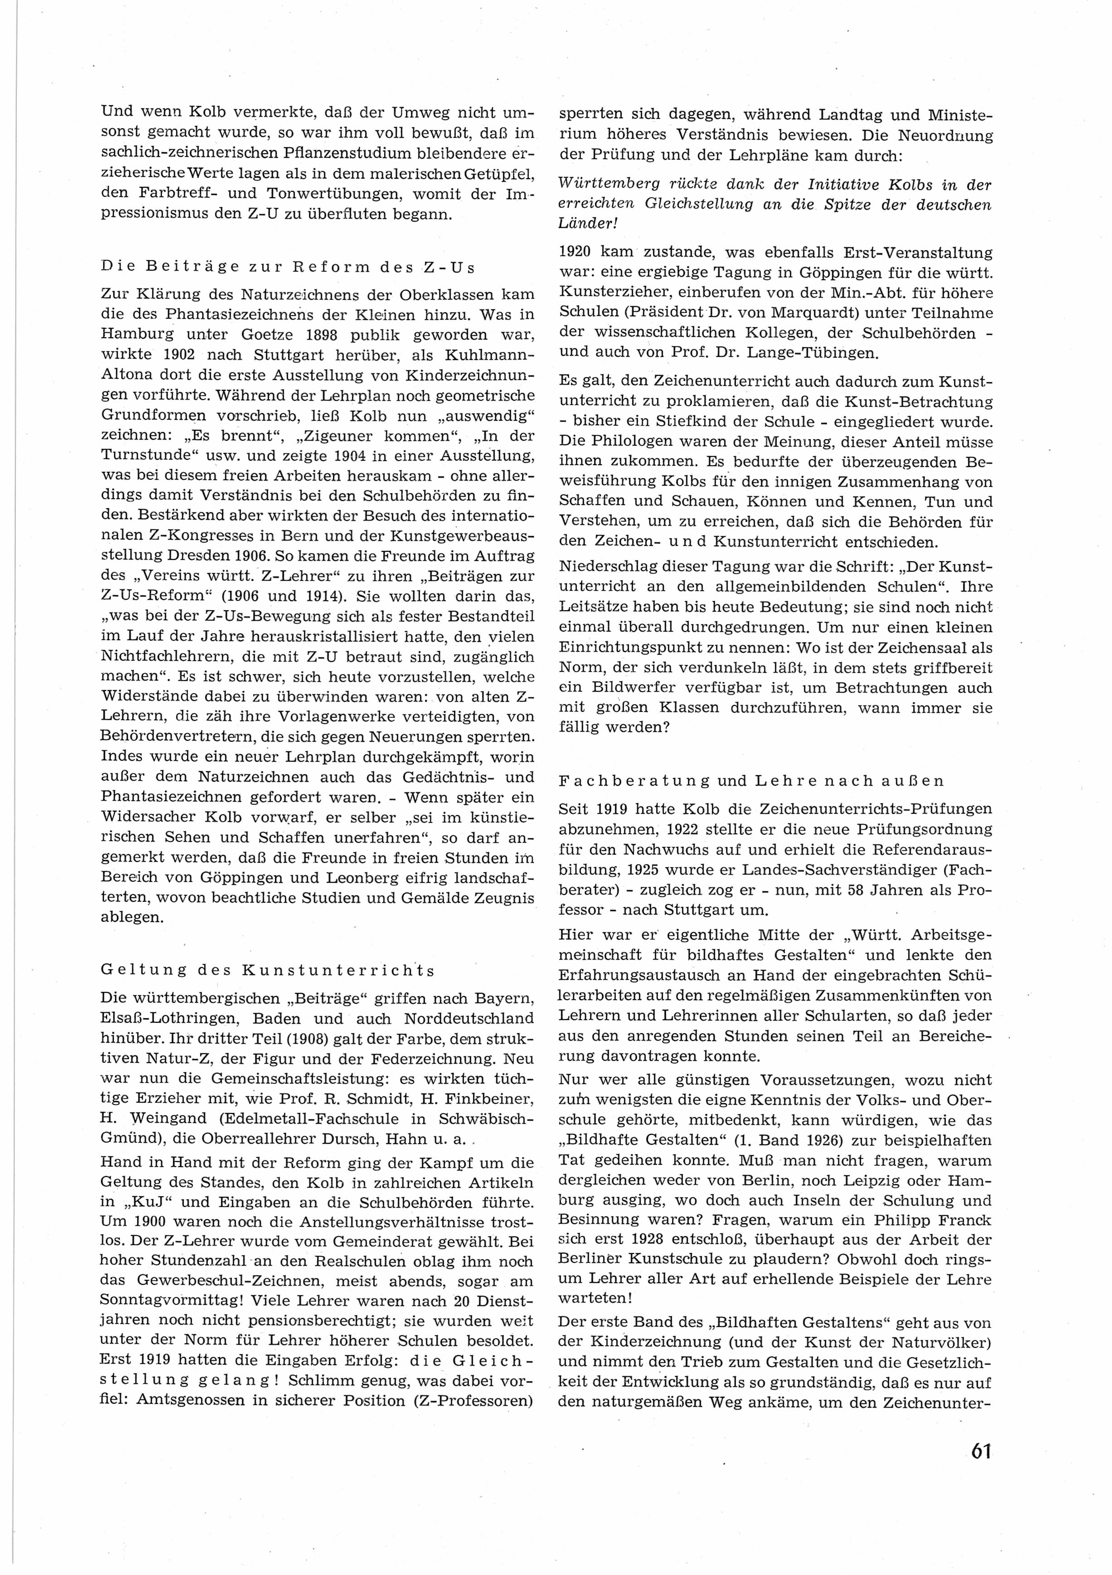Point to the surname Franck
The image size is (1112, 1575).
click(958, 1220)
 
